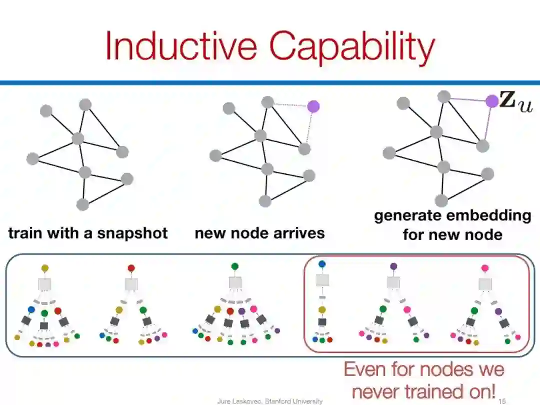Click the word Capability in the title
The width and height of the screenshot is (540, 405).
click(352, 47)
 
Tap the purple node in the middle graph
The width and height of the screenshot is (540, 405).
click(313, 106)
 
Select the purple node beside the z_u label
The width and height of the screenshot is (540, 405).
click(492, 101)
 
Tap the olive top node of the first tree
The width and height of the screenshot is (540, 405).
click(45, 268)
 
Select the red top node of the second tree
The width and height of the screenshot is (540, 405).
click(131, 268)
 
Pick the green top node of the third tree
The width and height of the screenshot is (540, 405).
click(235, 266)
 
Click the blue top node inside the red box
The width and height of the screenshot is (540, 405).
click(322, 263)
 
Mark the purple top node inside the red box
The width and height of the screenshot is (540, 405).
click(393, 266)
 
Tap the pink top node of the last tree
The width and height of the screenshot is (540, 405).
click(484, 268)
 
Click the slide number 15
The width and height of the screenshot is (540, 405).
click(502, 401)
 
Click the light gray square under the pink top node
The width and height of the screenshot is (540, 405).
click(484, 283)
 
